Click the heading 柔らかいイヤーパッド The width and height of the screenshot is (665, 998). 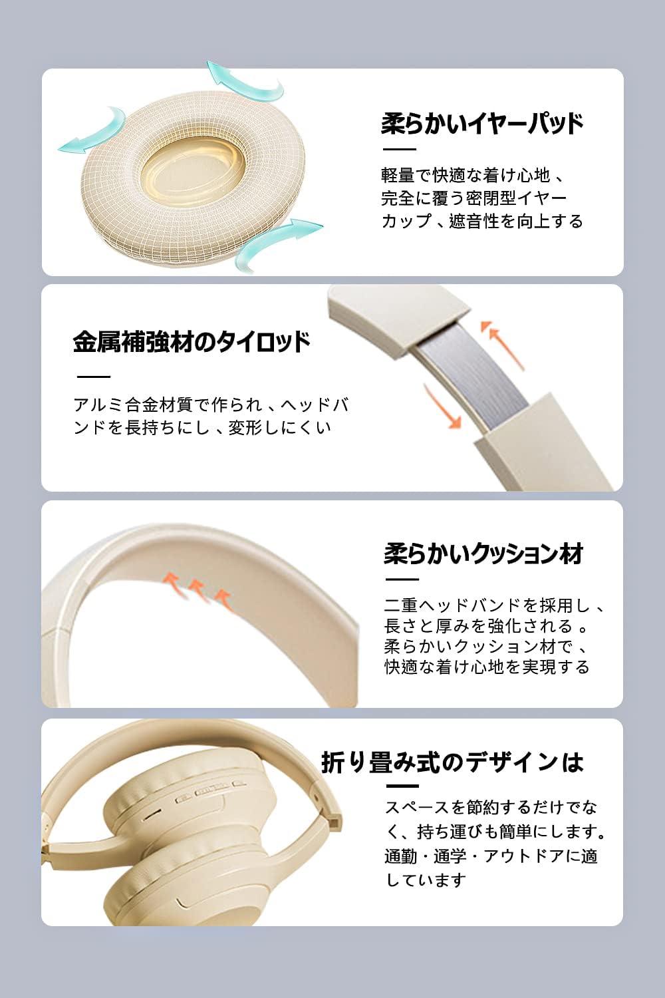click(x=482, y=123)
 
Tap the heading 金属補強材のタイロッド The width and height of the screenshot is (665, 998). click(x=192, y=342)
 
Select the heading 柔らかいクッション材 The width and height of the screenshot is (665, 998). click(x=483, y=554)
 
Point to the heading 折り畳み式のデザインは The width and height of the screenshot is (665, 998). click(x=452, y=762)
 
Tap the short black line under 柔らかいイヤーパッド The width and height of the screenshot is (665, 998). click(x=399, y=149)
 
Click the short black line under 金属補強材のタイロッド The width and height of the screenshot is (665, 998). click(x=94, y=377)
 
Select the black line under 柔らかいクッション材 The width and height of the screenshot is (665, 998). click(x=402, y=580)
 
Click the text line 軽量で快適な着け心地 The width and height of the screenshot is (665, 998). click(x=465, y=175)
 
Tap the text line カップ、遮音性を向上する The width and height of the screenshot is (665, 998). click(x=482, y=220)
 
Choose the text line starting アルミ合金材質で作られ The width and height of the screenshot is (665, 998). click(x=211, y=405)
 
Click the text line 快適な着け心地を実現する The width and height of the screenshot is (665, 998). click(x=487, y=667)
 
